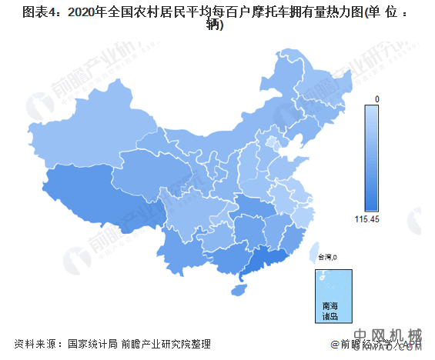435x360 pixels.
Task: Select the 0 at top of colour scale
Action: [377, 99]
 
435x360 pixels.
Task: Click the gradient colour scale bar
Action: [371, 158]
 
